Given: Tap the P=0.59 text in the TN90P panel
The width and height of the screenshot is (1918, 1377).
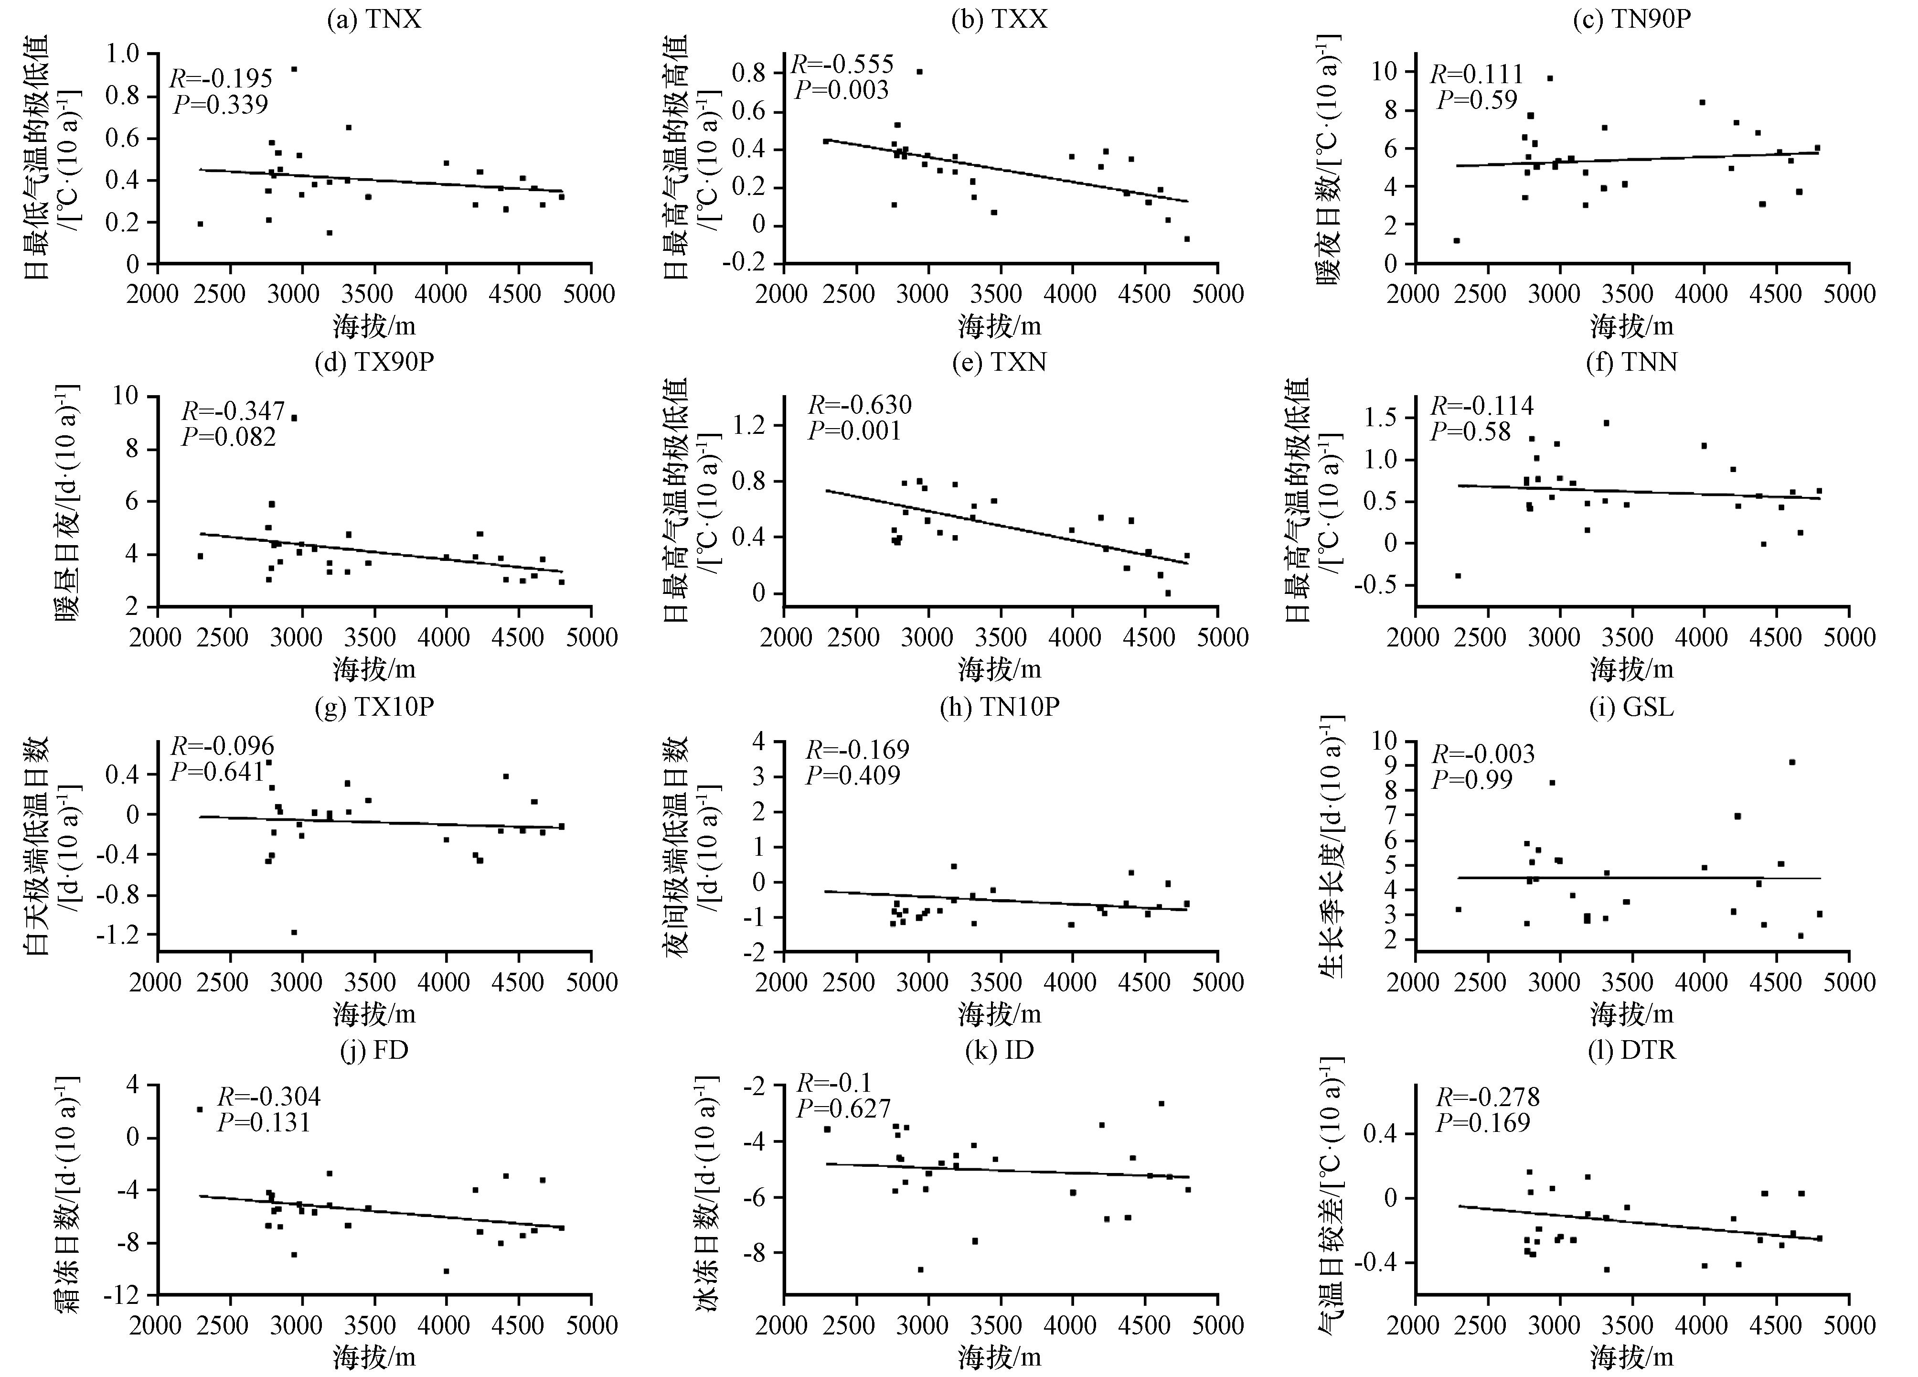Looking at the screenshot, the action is click(x=1477, y=100).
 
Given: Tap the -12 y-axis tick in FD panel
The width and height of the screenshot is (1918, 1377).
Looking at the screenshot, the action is click(x=128, y=1295).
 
